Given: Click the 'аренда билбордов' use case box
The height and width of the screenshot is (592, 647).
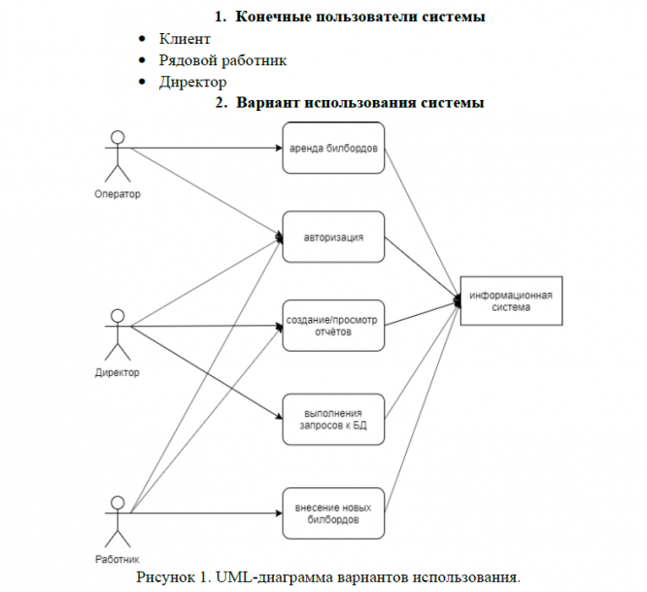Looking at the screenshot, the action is click(333, 148).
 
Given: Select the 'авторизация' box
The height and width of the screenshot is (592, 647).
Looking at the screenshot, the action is click(333, 237).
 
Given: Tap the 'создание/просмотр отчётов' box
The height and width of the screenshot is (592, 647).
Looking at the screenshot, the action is click(333, 326).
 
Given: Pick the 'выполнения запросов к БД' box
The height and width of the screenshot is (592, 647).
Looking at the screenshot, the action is click(333, 419).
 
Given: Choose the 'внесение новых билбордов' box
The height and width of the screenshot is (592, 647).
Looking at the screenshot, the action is click(333, 513).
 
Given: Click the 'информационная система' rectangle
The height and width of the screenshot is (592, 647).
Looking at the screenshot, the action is click(511, 301).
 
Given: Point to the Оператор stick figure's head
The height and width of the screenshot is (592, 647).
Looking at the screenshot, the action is click(118, 137).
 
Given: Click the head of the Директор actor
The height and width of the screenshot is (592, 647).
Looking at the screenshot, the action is click(118, 316).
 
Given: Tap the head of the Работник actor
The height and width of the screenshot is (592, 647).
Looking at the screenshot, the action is click(118, 503).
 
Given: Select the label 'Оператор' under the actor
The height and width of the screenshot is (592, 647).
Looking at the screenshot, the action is click(118, 194).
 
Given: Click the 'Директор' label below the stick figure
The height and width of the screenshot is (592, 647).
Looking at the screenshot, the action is click(118, 372).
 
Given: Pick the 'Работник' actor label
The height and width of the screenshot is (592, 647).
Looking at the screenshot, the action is click(118, 559).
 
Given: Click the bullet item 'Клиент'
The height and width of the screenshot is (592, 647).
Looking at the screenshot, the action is click(185, 39).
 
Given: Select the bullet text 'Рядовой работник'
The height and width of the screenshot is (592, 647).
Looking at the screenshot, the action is click(222, 60).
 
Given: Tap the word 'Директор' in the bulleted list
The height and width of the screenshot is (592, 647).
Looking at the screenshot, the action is click(192, 83).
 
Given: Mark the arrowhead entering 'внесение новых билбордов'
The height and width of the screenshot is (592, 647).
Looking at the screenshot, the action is click(279, 513).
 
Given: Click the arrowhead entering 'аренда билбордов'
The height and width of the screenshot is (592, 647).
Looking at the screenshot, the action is click(279, 148).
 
